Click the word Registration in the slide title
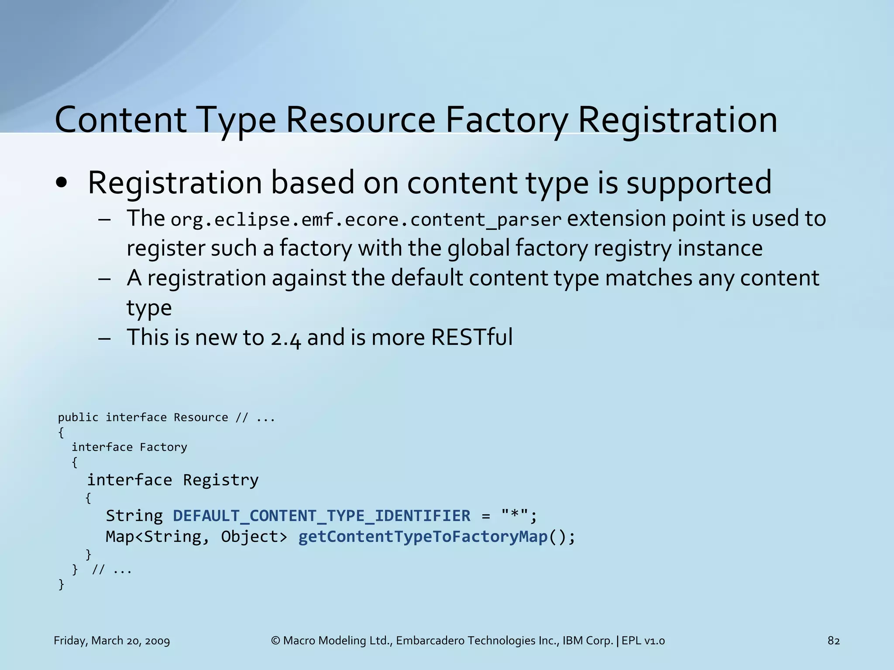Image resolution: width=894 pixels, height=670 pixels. point(677,120)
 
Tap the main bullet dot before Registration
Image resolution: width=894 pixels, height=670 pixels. point(62,184)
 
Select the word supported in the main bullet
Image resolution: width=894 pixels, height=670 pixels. point(699,183)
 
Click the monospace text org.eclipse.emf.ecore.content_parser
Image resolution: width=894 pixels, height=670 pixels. point(365,219)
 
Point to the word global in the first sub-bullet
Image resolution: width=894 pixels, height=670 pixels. point(478,248)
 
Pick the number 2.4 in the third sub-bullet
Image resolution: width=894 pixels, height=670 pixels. point(285,338)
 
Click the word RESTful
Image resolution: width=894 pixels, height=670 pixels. point(471,337)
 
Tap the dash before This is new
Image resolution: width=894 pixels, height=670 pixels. point(104,338)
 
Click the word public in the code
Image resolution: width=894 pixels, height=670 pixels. point(78,417)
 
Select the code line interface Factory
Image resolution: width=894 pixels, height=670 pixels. point(129,447)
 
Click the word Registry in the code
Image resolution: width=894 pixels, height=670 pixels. point(220,480)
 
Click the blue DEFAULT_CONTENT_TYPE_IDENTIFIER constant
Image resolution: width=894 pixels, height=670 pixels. point(322,516)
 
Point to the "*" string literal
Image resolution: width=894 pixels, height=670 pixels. point(515,516)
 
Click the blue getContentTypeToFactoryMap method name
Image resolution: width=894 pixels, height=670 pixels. point(423,537)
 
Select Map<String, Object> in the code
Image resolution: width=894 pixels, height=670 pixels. point(196,537)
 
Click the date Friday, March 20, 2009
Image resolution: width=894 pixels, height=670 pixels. point(112,641)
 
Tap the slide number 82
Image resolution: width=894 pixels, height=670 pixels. point(833,641)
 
